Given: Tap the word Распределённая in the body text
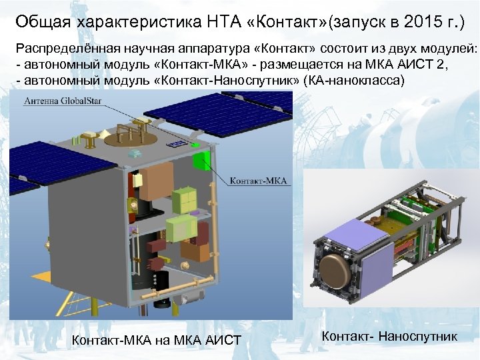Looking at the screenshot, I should click(x=63, y=51).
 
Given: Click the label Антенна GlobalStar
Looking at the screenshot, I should click(x=59, y=102).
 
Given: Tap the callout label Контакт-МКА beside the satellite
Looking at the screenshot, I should click(x=258, y=180).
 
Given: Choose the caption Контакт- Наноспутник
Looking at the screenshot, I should click(x=390, y=336).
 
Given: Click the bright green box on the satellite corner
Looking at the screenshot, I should click(x=197, y=145).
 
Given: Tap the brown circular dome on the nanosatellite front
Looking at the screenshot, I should click(x=335, y=270).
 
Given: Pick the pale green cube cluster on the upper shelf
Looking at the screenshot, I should click(x=185, y=201).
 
